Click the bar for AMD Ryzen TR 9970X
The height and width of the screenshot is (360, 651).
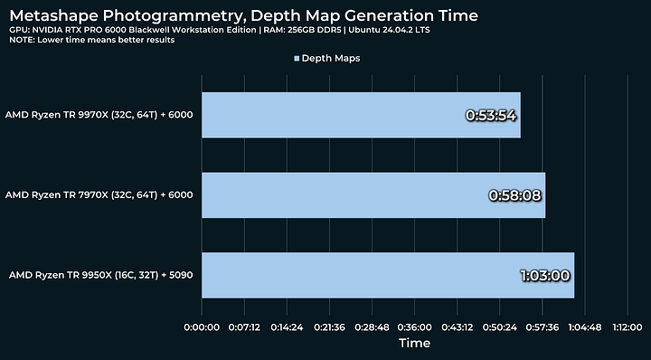(361, 115)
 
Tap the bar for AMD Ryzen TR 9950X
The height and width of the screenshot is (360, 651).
(388, 274)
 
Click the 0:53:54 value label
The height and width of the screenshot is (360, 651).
(491, 116)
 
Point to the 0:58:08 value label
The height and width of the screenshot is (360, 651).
(515, 194)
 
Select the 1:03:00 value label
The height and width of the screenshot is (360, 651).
(545, 275)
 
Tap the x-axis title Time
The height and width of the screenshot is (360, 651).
(414, 344)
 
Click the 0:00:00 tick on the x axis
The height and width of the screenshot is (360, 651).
(203, 327)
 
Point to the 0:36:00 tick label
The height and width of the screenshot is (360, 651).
(414, 327)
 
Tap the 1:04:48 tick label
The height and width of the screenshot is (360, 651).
(584, 327)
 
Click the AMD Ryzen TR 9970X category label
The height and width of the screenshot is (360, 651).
(99, 116)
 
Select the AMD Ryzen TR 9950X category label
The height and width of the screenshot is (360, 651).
(100, 275)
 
